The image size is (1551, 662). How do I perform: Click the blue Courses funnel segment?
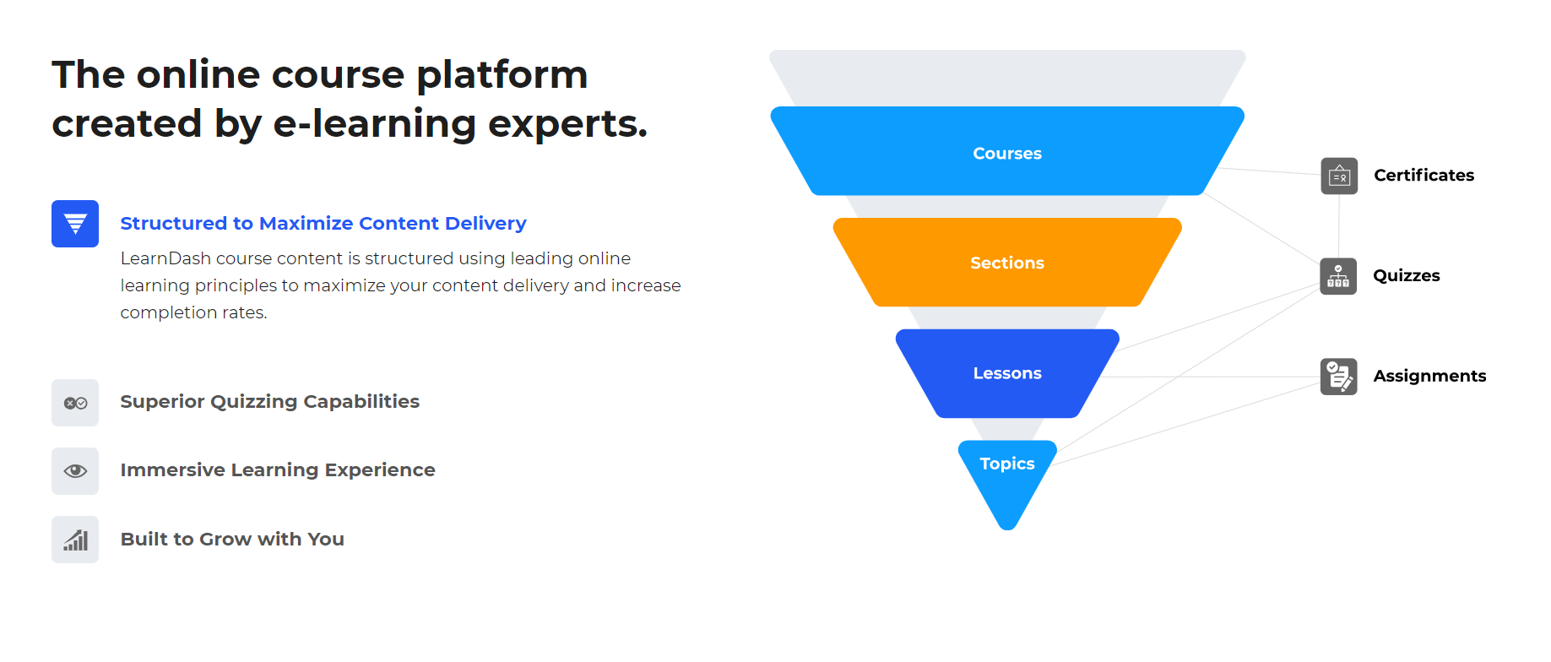(1006, 152)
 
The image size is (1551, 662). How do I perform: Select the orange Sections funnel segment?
(1006, 263)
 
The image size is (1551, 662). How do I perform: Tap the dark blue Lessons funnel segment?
(1006, 373)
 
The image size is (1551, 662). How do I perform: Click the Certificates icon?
(1339, 176)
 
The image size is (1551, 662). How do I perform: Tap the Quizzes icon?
(1338, 276)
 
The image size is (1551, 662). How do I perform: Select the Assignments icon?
(1338, 377)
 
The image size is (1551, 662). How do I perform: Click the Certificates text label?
(1424, 176)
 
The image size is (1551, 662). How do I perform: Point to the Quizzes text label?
(1406, 276)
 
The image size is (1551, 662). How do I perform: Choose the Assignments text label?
(1429, 377)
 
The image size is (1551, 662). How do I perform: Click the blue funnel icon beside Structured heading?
(75, 224)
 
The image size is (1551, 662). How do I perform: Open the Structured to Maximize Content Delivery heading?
(323, 224)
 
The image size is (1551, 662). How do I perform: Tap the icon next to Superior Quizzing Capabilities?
(75, 403)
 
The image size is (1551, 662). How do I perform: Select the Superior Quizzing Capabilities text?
(269, 402)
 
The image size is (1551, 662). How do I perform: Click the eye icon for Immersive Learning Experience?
(75, 471)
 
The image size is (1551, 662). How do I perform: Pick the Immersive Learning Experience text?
(277, 470)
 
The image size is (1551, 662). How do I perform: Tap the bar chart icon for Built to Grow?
(75, 540)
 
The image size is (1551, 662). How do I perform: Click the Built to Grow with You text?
(232, 540)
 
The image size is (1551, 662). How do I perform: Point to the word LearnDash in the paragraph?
(165, 258)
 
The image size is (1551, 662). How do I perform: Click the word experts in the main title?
(567, 124)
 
